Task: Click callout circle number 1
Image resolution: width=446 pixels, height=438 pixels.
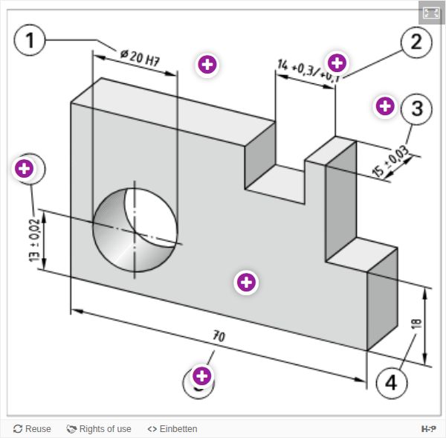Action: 30,40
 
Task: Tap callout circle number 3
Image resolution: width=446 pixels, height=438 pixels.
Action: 416,109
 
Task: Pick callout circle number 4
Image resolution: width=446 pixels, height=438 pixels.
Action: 392,383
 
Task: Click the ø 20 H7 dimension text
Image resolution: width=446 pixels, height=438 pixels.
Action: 140,58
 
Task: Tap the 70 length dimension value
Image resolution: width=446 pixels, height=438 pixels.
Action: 218,336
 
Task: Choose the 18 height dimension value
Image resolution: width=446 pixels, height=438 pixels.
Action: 416,324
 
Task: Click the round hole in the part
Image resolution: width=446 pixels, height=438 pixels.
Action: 135,230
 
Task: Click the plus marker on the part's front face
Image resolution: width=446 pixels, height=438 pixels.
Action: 246,282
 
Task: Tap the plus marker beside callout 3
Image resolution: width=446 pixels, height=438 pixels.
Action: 384,106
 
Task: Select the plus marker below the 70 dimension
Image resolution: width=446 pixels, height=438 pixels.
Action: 201,374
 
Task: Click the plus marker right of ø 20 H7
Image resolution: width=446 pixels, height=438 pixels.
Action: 207,65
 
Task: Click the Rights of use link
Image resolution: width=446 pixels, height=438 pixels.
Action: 99,429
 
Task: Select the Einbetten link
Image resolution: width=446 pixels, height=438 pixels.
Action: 172,429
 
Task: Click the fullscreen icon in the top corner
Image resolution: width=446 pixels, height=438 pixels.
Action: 431,13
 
